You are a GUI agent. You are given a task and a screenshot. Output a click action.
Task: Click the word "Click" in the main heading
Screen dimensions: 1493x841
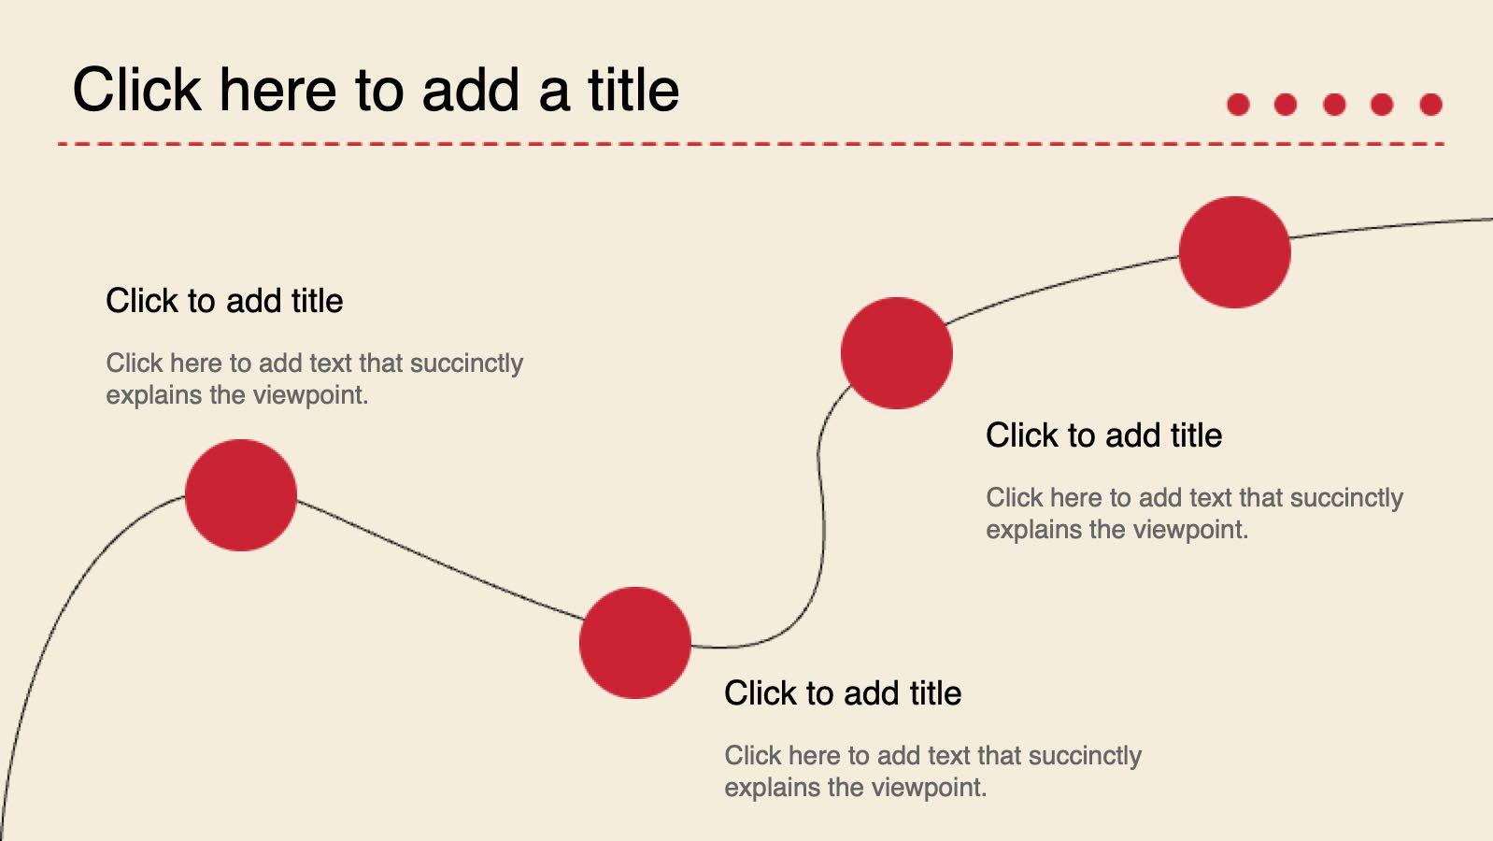coord(136,90)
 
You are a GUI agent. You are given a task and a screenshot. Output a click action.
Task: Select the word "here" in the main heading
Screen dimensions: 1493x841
coord(277,90)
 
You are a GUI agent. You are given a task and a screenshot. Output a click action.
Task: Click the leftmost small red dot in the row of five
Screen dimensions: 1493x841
coord(1238,105)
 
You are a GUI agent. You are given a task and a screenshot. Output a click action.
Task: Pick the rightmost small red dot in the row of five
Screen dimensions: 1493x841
coord(1430,105)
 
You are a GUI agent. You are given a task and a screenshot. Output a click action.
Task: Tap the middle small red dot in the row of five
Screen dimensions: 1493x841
coord(1334,105)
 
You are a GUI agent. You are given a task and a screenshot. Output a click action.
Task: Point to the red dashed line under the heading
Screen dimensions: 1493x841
coord(751,143)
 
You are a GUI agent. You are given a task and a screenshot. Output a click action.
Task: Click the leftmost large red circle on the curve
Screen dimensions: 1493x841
coord(241,495)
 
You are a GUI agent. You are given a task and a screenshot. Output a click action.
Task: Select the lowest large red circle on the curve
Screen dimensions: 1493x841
coord(635,643)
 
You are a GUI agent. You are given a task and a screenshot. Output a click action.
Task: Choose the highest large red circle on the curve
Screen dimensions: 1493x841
coord(1234,252)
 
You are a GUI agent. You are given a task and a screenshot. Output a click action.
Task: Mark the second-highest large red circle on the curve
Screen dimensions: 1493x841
coord(897,353)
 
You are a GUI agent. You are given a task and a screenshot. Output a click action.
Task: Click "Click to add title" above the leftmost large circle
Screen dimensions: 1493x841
coord(224,301)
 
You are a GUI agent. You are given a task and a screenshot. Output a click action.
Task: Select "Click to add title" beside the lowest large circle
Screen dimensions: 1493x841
coord(843,693)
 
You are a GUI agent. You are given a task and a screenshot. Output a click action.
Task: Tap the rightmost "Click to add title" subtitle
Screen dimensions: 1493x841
coord(1103,435)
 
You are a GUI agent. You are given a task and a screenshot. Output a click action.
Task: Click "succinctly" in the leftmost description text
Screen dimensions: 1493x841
coord(466,363)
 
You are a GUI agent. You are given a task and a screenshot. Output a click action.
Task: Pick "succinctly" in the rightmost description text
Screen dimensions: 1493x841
coord(1346,498)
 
